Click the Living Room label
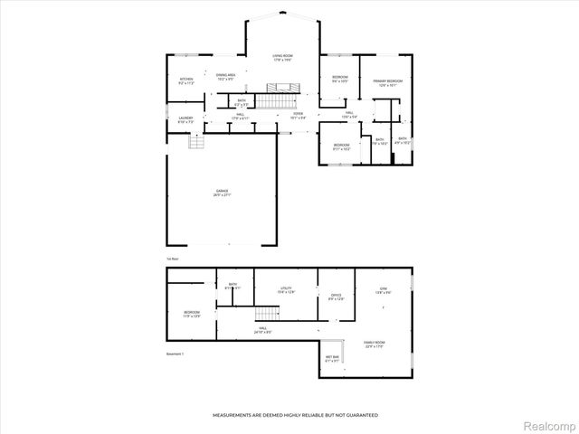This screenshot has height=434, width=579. point(283,58)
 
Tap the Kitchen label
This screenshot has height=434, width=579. point(186,81)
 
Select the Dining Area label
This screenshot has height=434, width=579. point(225,77)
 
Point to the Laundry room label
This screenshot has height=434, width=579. point(185,120)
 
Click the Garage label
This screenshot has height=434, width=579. point(222,193)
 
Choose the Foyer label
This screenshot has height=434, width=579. point(298,116)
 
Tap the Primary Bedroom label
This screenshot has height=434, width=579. point(387,83)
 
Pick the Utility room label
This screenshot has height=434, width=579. point(285,290)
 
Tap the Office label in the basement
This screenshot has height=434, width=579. point(336,297)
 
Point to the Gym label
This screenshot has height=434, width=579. point(383,290)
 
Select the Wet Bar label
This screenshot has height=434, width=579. point(332,359)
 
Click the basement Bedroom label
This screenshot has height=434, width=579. point(191,314)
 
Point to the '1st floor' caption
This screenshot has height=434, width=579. point(171,259)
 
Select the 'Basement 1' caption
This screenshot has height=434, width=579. point(176,354)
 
